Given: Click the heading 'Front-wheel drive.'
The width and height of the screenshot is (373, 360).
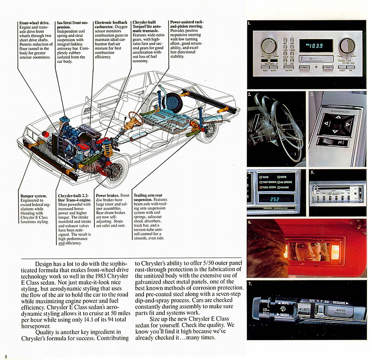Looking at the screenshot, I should [35, 23].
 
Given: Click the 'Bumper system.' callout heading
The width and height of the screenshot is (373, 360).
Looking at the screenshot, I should [33, 196].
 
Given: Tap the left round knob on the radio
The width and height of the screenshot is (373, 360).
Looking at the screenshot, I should [268, 46].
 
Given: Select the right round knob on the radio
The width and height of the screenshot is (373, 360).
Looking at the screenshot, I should [347, 45].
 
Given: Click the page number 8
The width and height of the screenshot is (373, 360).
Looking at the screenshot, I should [6, 356].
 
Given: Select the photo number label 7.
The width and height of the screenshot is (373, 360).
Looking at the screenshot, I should [250, 285].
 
